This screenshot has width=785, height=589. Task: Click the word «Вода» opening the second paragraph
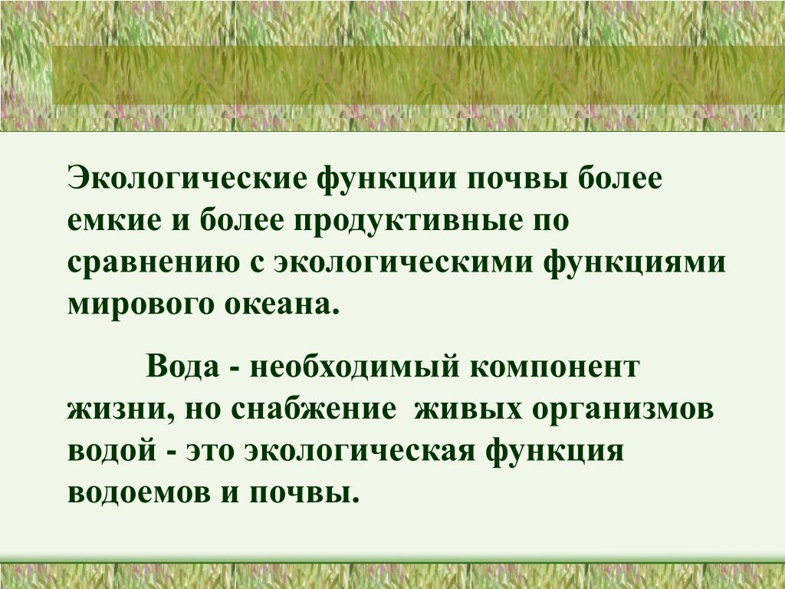[183, 367]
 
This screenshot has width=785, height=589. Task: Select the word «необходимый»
[354, 367]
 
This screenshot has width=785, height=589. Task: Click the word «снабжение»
[313, 409]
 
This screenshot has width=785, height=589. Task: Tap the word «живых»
[468, 410]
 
